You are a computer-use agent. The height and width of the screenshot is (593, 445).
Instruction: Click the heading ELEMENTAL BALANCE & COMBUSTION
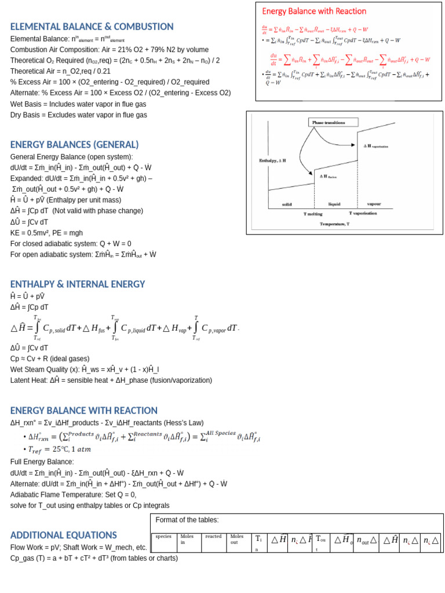click(92, 27)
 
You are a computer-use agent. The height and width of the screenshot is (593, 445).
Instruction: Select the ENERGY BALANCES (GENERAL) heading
click(74, 145)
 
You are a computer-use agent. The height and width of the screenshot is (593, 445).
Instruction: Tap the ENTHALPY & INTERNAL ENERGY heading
click(78, 284)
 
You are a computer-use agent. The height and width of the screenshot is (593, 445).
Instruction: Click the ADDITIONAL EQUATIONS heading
click(64, 535)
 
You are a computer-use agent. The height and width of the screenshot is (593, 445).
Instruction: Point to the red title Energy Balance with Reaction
click(314, 11)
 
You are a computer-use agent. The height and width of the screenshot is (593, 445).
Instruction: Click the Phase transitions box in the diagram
click(329, 123)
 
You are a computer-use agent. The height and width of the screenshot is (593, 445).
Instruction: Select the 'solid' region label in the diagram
click(287, 204)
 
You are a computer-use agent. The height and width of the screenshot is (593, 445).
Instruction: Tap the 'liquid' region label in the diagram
click(334, 204)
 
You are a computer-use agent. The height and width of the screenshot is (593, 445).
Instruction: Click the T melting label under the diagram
click(313, 214)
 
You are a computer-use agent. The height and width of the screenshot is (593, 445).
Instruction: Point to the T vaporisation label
click(362, 213)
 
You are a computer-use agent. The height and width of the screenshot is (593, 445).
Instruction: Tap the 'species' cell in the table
click(164, 536)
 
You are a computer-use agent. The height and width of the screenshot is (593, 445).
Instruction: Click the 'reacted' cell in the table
click(213, 536)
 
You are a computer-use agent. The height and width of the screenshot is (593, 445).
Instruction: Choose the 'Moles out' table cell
click(238, 539)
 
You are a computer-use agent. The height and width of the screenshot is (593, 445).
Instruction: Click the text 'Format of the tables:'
click(187, 519)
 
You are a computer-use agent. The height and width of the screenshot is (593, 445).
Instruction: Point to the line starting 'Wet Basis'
click(78, 104)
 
